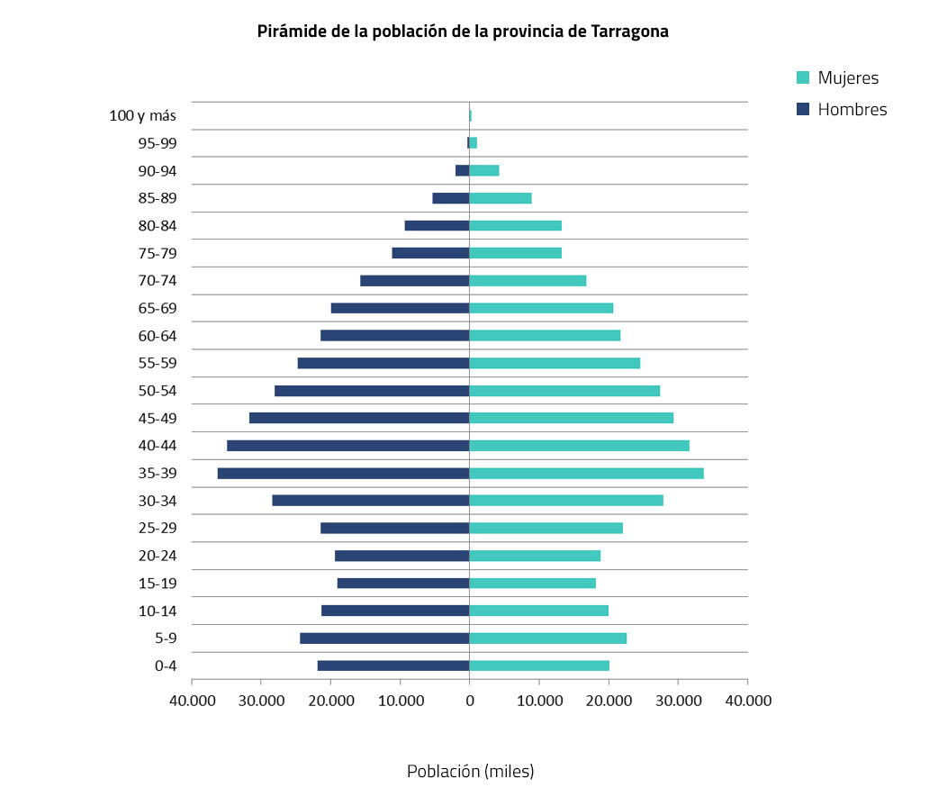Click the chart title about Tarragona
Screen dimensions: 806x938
click(x=463, y=32)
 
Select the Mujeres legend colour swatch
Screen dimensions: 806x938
click(x=804, y=77)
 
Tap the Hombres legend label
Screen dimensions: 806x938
click(x=852, y=110)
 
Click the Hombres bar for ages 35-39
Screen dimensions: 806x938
click(x=343, y=473)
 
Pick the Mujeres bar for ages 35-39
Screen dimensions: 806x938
click(x=586, y=473)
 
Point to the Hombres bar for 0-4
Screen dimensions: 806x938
click(x=393, y=666)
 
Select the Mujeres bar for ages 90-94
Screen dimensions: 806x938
click(x=484, y=170)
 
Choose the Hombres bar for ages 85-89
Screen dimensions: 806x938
click(x=451, y=198)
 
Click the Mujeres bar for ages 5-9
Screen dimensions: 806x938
click(x=547, y=638)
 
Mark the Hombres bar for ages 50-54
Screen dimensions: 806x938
click(x=372, y=391)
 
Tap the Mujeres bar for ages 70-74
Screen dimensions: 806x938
click(x=528, y=280)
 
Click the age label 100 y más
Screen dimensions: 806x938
click(x=142, y=115)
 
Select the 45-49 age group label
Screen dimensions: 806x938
click(x=158, y=418)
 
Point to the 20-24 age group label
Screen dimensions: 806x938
click(x=158, y=556)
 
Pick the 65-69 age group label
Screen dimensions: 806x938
click(x=158, y=308)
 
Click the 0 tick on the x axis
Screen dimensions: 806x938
click(x=469, y=700)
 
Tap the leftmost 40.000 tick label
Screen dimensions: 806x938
click(x=192, y=700)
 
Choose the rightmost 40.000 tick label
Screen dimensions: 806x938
click(x=747, y=700)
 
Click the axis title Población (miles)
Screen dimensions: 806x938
click(x=470, y=772)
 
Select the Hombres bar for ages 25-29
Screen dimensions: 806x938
click(x=394, y=528)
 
